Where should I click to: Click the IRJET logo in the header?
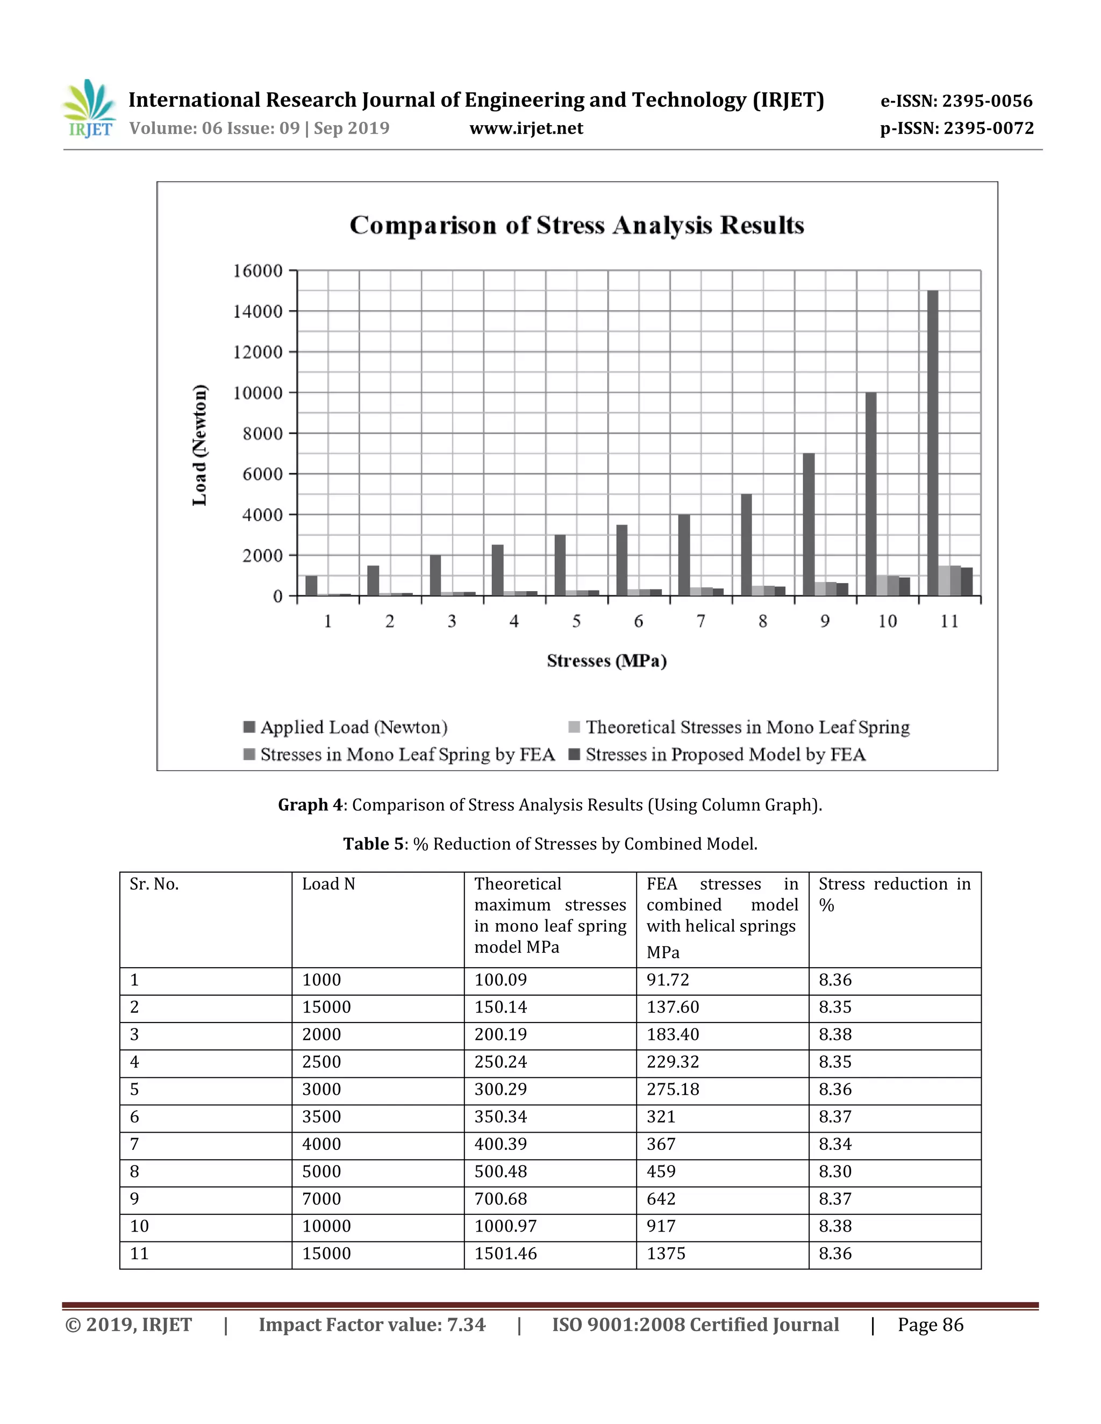(90, 109)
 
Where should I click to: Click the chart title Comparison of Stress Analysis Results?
(577, 225)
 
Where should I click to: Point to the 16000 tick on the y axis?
(258, 271)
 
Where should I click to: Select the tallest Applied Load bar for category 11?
(933, 443)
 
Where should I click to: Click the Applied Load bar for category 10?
(871, 494)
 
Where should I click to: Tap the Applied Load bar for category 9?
(809, 524)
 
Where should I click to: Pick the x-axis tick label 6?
(639, 621)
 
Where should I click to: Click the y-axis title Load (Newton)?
(199, 445)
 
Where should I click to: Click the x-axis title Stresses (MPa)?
(606, 660)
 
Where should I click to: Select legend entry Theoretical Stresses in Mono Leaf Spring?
(747, 727)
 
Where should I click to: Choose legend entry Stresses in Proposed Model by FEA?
(725, 754)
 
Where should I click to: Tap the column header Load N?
(328, 884)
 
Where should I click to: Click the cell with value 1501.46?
(505, 1253)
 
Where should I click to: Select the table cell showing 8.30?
(835, 1171)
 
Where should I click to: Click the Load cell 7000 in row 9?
(321, 1198)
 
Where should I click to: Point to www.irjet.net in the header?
(526, 128)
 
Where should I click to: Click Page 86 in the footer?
(930, 1325)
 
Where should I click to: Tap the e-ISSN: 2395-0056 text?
(956, 101)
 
